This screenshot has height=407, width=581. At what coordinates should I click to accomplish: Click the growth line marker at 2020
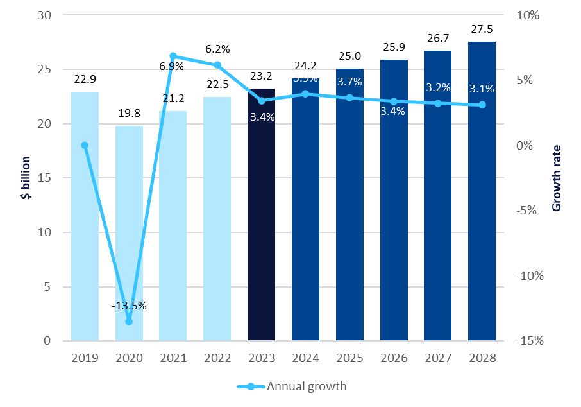coord(129,321)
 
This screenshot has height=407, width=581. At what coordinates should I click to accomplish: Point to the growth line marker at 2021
coord(173,56)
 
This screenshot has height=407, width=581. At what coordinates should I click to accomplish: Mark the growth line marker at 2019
coord(85,145)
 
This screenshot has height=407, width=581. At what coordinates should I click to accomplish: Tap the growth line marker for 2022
coord(217,65)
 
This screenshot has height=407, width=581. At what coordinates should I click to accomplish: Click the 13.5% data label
coord(130,306)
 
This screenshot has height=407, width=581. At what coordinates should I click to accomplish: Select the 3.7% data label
coord(349,82)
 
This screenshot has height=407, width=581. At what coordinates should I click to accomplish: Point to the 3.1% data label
coord(482,89)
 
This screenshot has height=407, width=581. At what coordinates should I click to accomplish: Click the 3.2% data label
coord(438,87)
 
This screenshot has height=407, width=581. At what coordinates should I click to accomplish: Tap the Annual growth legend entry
coord(292,386)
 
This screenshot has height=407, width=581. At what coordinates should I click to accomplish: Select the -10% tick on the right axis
coord(530,275)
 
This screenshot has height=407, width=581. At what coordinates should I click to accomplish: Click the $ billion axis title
coord(26,178)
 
